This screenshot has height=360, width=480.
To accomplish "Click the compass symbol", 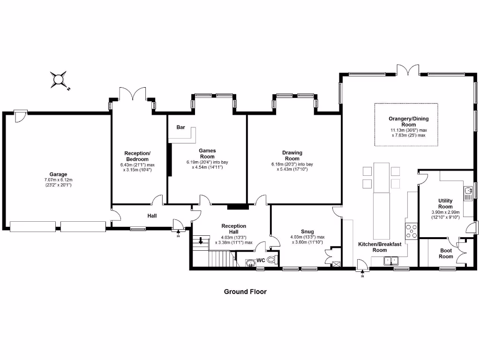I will point(59,79).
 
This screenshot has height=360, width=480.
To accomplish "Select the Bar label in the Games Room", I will point(180,127).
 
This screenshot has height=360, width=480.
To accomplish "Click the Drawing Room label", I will point(292,156).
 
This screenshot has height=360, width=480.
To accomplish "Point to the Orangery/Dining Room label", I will point(408,122).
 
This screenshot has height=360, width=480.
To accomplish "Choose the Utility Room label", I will point(445,203).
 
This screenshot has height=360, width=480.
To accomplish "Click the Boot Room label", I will point(446,254).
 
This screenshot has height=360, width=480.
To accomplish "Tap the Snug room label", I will point(307,232).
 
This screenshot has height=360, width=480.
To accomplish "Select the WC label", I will point(261,260).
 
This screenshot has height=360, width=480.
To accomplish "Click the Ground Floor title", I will point(245,292).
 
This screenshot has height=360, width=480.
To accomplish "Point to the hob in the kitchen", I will point(412,231).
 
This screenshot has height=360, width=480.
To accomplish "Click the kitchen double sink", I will point(390,261).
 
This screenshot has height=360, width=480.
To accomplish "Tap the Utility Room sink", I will point(467,191).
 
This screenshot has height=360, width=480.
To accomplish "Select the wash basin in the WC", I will point(249,262).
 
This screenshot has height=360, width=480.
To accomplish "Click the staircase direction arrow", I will point(201,241).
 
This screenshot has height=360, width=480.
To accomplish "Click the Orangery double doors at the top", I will point(407,70).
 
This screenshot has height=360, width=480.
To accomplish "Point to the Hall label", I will point(152,216).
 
